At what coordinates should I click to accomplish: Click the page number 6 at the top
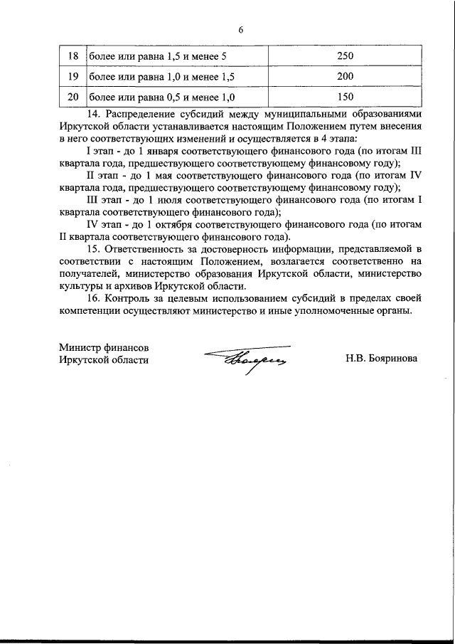coord(240,29)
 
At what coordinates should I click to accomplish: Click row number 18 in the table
coord(72,56)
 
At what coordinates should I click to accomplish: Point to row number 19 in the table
coord(72,75)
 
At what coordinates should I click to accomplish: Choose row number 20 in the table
coord(72,95)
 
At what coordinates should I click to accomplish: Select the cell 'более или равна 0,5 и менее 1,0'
coord(161,95)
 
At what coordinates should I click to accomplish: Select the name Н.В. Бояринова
coord(382,359)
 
